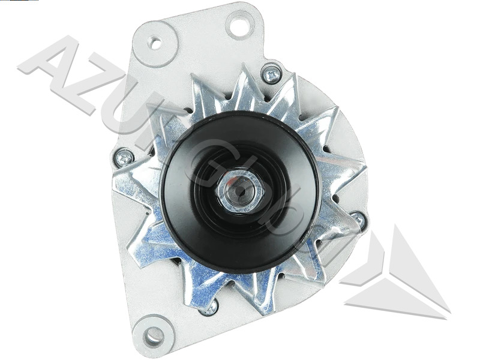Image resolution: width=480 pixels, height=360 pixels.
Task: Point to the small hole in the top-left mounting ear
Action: (x=155, y=43)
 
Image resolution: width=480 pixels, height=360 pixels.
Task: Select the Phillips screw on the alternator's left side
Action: (x=124, y=158)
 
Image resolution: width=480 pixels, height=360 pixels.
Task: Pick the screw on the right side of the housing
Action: (x=358, y=220)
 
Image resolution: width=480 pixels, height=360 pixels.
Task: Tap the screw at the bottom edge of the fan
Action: (x=209, y=308)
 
